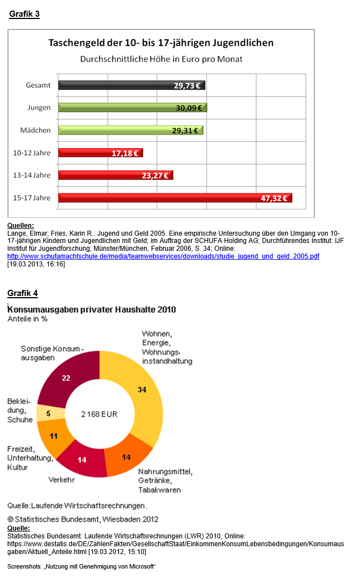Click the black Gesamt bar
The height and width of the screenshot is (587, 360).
coord(132,85)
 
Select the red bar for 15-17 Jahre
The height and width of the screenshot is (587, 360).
coord(175,198)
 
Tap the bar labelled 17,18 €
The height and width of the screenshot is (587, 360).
coord(100,153)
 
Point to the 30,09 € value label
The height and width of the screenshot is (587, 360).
coord(189,108)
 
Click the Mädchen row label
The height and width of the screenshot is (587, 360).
coord(35,130)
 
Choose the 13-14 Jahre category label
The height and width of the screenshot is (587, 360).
coord(32,175)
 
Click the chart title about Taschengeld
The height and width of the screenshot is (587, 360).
coord(161,42)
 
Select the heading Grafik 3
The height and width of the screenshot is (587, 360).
coord(24,15)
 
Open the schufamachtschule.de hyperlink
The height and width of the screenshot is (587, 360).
coord(163,256)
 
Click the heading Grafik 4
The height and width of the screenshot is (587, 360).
coord(22,293)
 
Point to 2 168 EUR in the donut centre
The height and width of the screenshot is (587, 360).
coord(99,414)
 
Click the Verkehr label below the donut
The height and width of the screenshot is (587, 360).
coord(61,479)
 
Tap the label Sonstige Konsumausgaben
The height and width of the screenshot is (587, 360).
coord(51,353)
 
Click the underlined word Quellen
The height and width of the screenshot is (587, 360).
coord(21,226)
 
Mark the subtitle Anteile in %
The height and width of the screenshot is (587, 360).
coord(27,319)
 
